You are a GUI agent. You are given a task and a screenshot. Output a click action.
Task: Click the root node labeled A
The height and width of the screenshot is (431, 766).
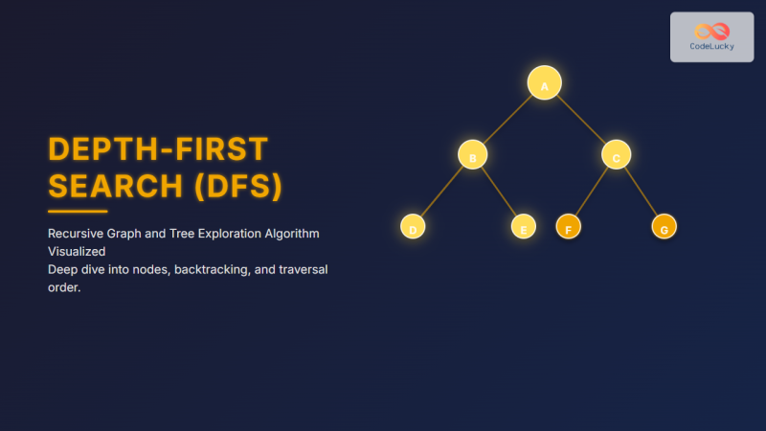coord(544,83)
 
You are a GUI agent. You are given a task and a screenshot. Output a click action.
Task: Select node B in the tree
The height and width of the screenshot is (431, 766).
coord(472,155)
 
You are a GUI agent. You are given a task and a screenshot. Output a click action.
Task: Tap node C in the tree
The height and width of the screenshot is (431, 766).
coord(616,155)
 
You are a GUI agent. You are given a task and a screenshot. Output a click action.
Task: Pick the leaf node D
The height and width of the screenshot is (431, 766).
coord(413,227)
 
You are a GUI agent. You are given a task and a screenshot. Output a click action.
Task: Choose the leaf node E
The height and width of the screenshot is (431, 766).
coord(523,227)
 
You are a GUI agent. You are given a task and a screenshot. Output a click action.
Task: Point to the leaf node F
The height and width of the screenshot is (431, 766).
coord(568,227)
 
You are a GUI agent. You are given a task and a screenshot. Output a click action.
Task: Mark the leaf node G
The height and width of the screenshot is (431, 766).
coord(665,227)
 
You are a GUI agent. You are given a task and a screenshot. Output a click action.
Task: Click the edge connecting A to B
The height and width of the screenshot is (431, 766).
coord(507,120)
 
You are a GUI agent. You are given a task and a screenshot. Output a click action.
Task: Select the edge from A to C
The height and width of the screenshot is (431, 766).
coord(580,120)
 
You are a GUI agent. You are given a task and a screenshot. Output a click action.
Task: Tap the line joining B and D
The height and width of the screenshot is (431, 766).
coord(442,192)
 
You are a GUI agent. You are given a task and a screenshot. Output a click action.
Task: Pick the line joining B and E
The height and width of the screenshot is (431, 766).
coord(498,192)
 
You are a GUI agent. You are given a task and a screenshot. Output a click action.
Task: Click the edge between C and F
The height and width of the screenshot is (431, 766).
coord(592,192)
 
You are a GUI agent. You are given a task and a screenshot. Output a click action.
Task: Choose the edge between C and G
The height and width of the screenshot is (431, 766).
coord(641,192)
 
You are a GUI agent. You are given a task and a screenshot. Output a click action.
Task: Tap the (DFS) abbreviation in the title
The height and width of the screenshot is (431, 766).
coord(238,188)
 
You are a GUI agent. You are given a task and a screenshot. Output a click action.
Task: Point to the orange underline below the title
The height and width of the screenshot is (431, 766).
coord(78,211)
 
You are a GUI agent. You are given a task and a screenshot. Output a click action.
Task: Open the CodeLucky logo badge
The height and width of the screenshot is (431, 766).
coord(711,37)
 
